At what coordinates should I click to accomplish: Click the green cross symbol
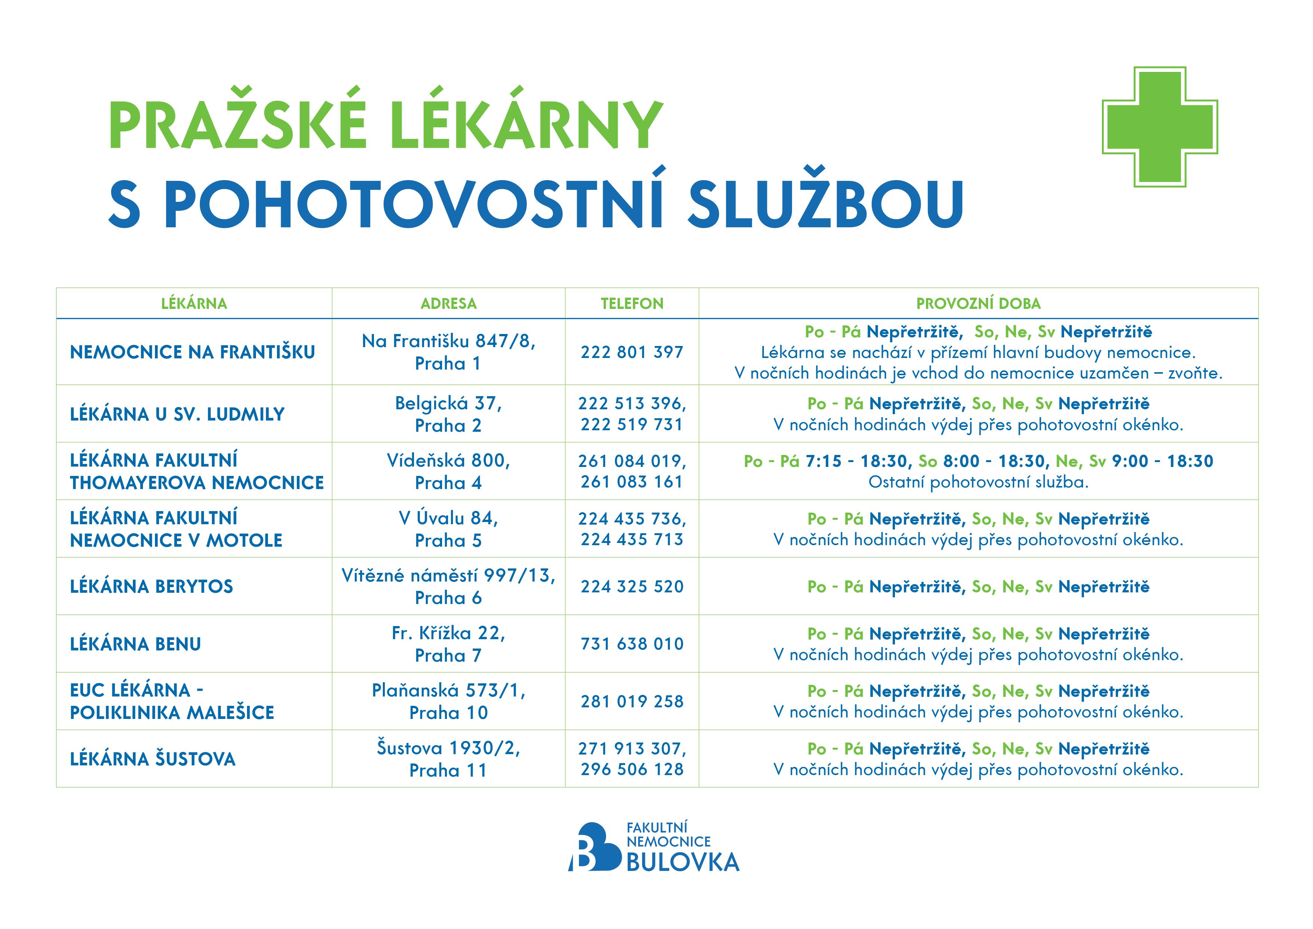(1160, 127)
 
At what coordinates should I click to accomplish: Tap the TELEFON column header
(632, 304)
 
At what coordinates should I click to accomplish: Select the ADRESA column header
(448, 304)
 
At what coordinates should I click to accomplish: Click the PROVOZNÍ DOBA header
(978, 304)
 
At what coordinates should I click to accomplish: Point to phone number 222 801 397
(632, 352)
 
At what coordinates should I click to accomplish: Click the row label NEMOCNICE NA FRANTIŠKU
(192, 352)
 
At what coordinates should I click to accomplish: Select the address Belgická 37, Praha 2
(448, 414)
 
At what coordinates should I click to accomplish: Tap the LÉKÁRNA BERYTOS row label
(152, 587)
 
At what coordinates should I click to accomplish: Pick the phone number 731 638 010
(632, 644)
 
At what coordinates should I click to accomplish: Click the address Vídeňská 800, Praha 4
(448, 471)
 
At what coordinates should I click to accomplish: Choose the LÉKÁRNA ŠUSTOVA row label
(153, 759)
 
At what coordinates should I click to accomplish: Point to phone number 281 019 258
(632, 702)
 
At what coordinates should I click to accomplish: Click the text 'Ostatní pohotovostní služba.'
(978, 482)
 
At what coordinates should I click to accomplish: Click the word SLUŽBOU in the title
(825, 204)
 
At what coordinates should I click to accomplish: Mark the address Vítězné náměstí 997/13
(448, 576)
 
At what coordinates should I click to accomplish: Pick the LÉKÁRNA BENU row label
(135, 644)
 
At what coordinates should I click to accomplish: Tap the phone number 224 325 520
(632, 587)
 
